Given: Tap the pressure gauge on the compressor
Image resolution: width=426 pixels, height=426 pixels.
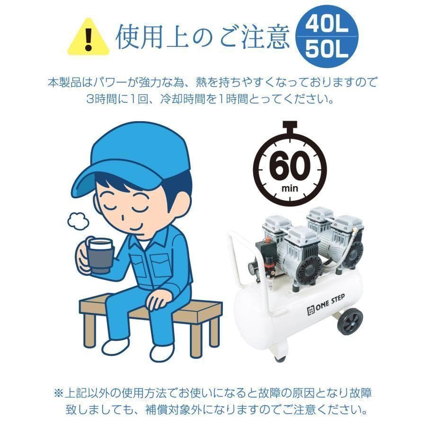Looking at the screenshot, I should pos(250,268).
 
